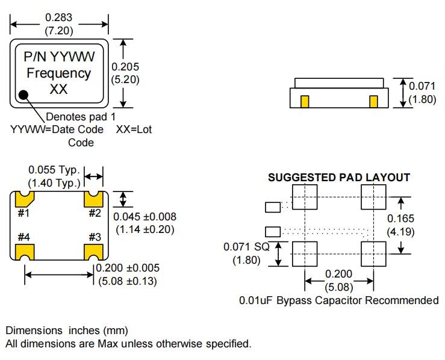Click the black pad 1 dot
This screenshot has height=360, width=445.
23,95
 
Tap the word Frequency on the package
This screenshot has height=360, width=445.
57,73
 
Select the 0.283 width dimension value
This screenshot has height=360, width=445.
58,17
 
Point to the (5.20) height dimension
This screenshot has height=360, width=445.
126,79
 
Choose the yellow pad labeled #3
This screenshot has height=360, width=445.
94,250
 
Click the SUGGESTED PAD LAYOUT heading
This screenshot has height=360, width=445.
339,178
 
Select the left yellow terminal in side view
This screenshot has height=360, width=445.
305,101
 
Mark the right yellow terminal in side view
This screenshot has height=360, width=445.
373,101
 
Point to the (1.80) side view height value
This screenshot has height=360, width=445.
422,99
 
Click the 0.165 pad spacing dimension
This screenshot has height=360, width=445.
400,219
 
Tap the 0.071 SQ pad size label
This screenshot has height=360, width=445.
249,247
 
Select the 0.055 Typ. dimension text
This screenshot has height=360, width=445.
54,170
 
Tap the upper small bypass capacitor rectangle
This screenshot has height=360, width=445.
273,207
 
